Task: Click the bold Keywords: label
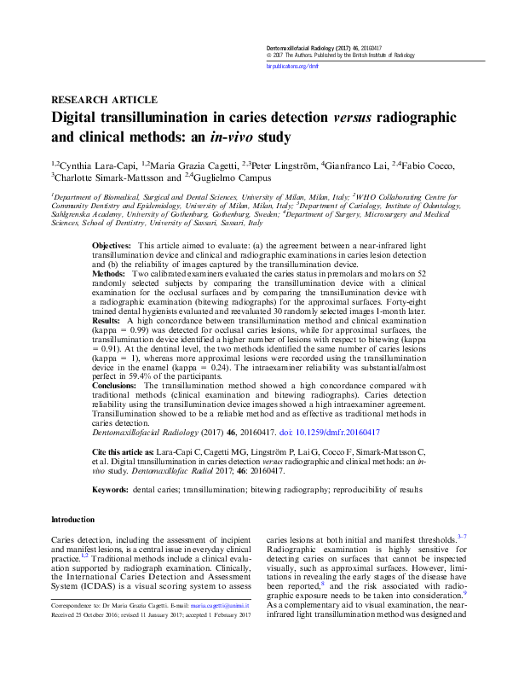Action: tap(110, 491)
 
